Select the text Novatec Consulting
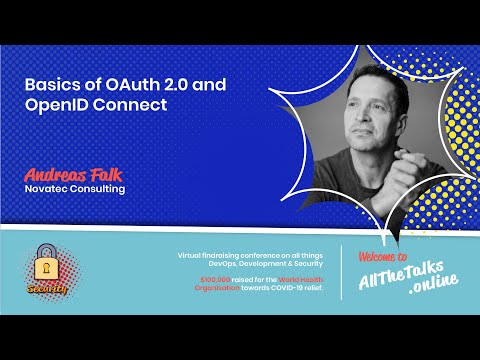pyautogui.click(x=75, y=187)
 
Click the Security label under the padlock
pyautogui.click(x=45, y=287)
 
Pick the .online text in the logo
pyautogui.click(x=434, y=291)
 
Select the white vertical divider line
pyautogui.click(x=342, y=272)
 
